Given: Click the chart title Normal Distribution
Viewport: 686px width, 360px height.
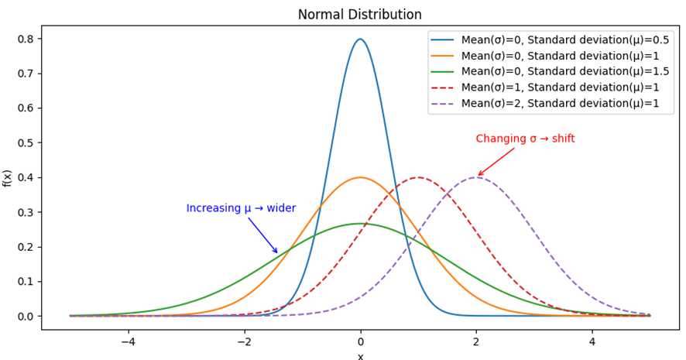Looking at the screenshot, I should tap(360, 15).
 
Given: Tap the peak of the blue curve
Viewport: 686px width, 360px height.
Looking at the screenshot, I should tap(360, 39).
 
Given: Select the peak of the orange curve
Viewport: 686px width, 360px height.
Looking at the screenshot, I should tap(360, 177).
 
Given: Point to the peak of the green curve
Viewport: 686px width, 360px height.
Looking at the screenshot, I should tap(360, 224).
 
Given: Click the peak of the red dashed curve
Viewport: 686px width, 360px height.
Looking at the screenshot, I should tap(418, 177).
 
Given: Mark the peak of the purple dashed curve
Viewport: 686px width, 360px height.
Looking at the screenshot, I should tap(476, 177).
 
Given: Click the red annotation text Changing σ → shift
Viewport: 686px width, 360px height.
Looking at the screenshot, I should tap(525, 139).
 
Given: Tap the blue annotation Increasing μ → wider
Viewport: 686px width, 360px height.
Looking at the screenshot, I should tap(241, 208).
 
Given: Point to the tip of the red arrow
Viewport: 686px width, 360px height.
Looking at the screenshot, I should tap(478, 176).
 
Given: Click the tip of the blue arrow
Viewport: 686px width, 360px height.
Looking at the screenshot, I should tap(277, 253).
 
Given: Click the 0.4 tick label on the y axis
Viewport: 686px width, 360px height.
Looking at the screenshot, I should tap(28, 177).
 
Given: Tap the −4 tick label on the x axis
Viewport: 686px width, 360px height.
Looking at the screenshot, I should tap(128, 341).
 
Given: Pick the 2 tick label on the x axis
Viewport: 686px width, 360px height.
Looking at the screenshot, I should tap(476, 341).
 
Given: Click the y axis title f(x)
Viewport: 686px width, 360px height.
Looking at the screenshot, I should tap(8, 178).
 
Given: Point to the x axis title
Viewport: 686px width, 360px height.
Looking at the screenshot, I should tap(360, 355).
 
